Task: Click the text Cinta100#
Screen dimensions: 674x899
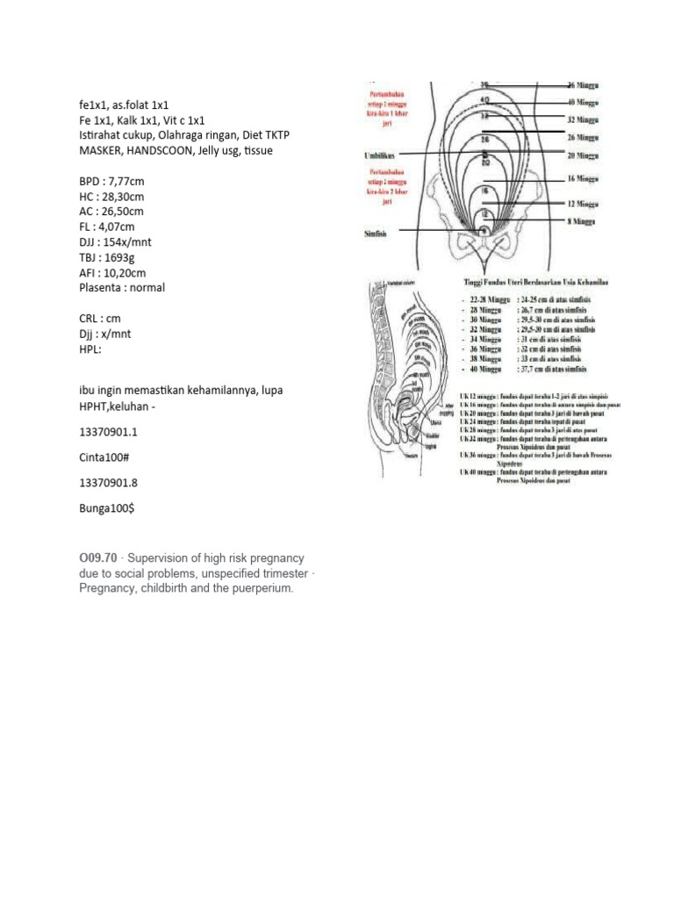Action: [103, 456]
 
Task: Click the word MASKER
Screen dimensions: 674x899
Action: [99, 151]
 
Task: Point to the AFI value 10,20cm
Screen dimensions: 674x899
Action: [125, 272]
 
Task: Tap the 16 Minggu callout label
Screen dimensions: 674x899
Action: [582, 177]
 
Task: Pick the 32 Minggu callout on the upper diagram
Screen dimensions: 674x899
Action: [582, 119]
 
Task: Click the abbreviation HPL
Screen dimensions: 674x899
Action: [91, 349]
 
